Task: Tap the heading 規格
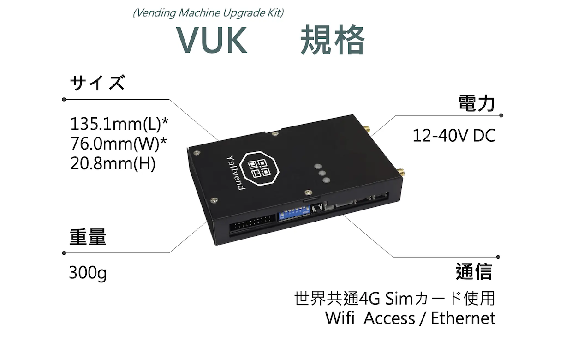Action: point(332,40)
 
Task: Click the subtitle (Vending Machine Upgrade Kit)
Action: point(208,12)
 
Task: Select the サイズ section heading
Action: point(97,84)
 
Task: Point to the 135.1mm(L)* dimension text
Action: point(119,124)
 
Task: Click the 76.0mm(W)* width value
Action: point(118,144)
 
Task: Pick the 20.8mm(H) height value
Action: point(113,164)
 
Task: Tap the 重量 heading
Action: point(88,237)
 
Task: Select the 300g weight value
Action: point(88,274)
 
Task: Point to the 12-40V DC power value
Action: point(453,136)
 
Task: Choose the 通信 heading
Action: point(474,271)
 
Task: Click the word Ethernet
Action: point(463,318)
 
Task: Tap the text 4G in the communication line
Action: point(368,299)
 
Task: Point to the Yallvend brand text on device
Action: point(235,172)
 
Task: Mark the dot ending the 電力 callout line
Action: point(501,115)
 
